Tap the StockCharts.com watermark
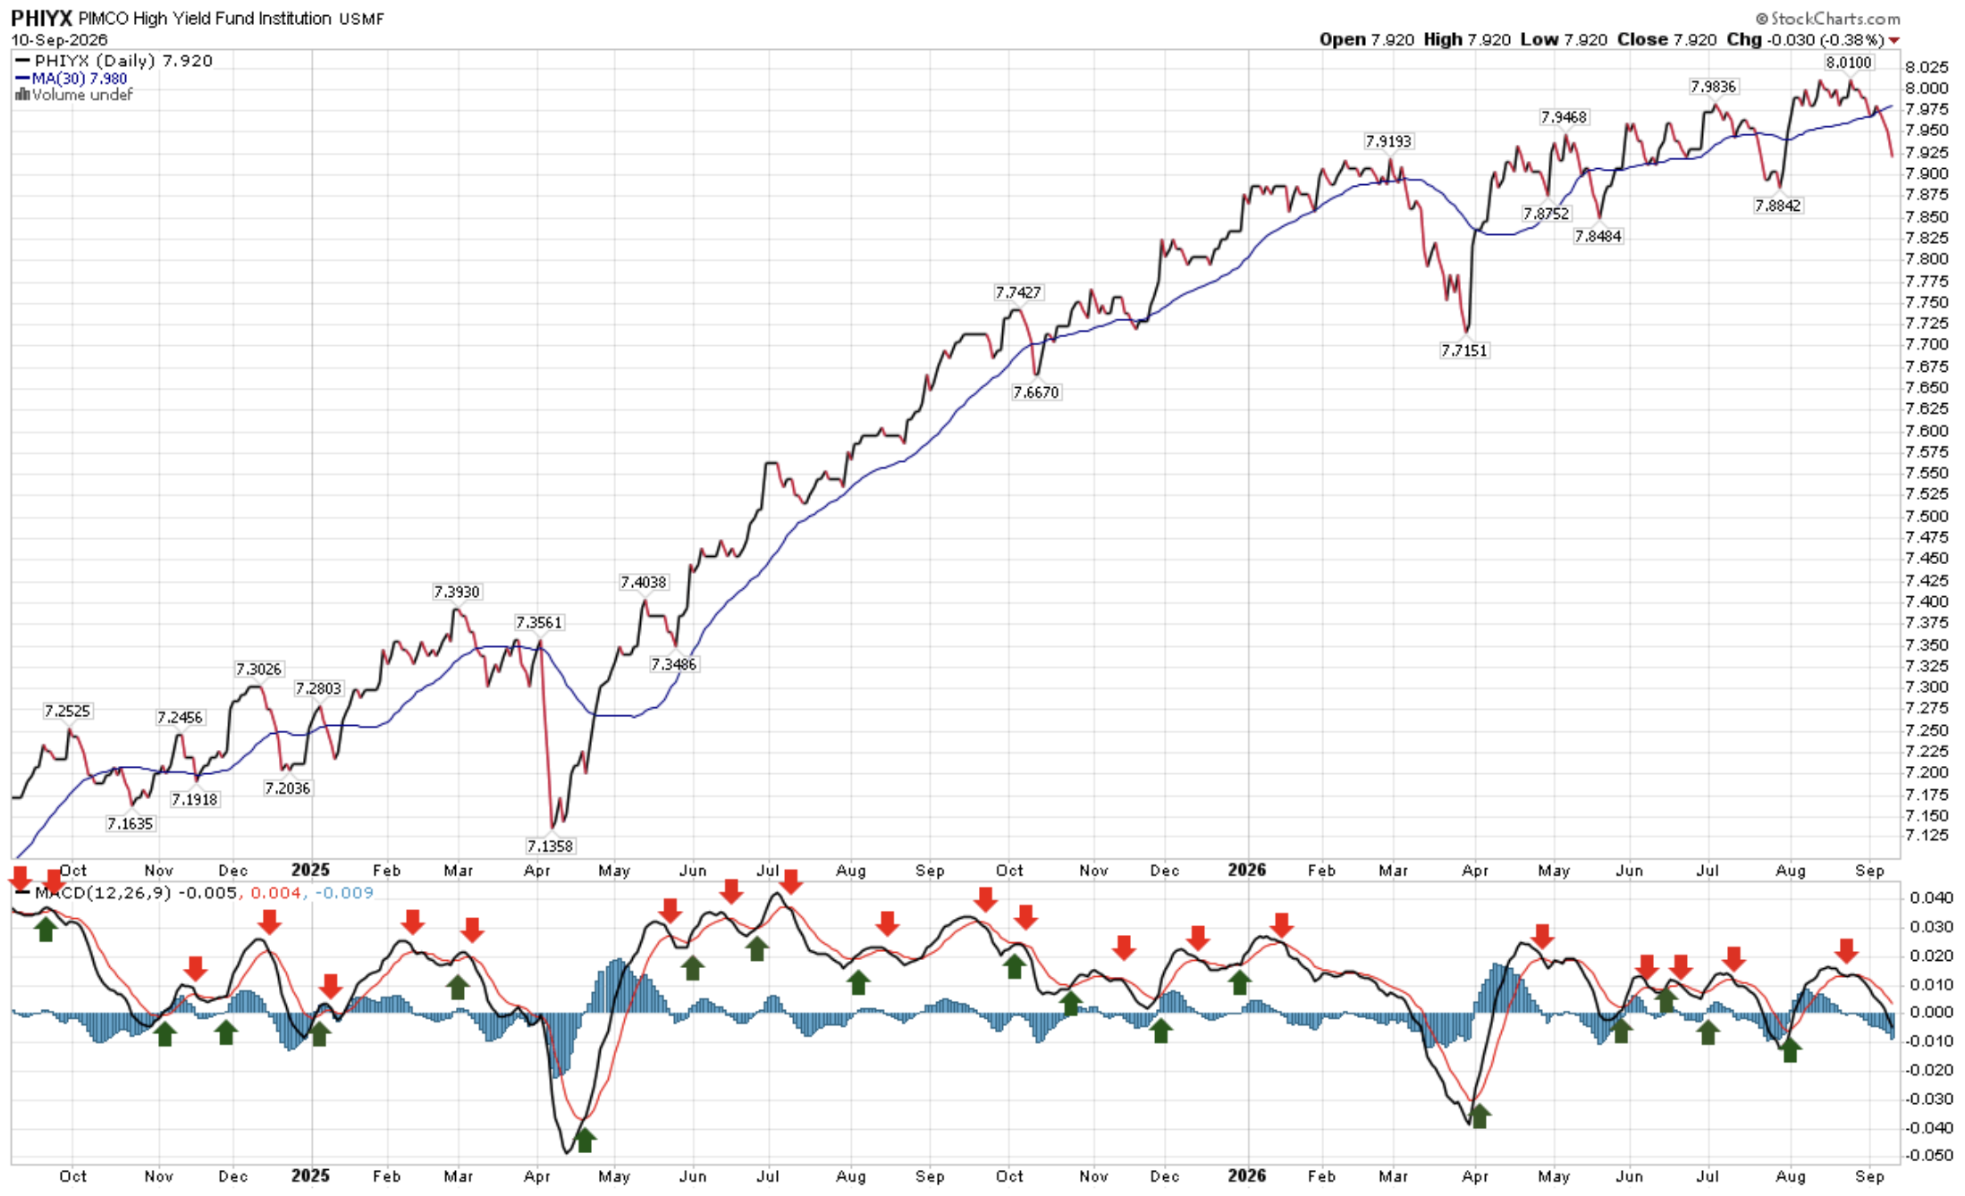pyautogui.click(x=1828, y=18)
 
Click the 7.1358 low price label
pyautogui.click(x=550, y=846)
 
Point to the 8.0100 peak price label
pyautogui.click(x=1848, y=63)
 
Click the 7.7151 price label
pyautogui.click(x=1464, y=350)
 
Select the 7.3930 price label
pyautogui.click(x=457, y=592)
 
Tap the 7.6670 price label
pyautogui.click(x=1036, y=392)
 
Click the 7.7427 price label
pyautogui.click(x=1018, y=292)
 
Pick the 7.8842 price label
pyautogui.click(x=1778, y=206)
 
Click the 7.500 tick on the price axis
pyautogui.click(x=1927, y=516)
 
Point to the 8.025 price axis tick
pyautogui.click(x=1927, y=67)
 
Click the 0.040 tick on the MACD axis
pyautogui.click(x=1929, y=897)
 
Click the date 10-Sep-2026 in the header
pyautogui.click(x=59, y=40)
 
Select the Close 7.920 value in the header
pyautogui.click(x=1667, y=39)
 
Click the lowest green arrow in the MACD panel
pyautogui.click(x=585, y=1141)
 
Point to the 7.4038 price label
pyautogui.click(x=644, y=582)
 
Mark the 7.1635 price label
pyautogui.click(x=131, y=823)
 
